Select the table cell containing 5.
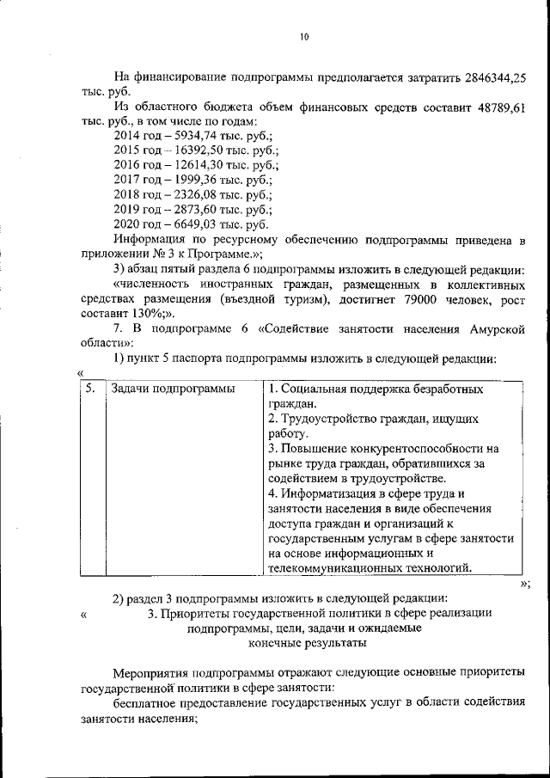point(91,389)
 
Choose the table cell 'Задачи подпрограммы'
point(174,389)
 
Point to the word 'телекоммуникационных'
point(332,567)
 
